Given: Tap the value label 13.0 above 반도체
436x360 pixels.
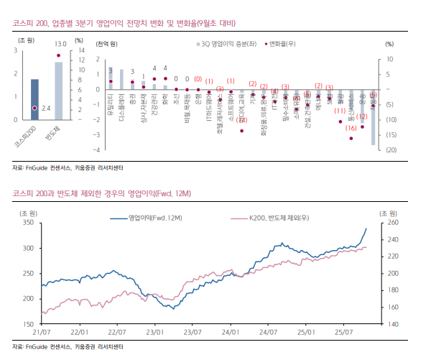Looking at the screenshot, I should click(x=60, y=43).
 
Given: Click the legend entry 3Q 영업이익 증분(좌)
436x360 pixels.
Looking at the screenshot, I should click(x=221, y=45).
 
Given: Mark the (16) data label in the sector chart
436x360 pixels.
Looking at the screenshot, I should click(x=351, y=128).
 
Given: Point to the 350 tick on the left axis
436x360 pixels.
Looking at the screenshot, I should click(x=28, y=223).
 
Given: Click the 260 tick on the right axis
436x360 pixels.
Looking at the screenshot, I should click(x=391, y=223).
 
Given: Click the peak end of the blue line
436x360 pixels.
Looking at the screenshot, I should click(x=366, y=229).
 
